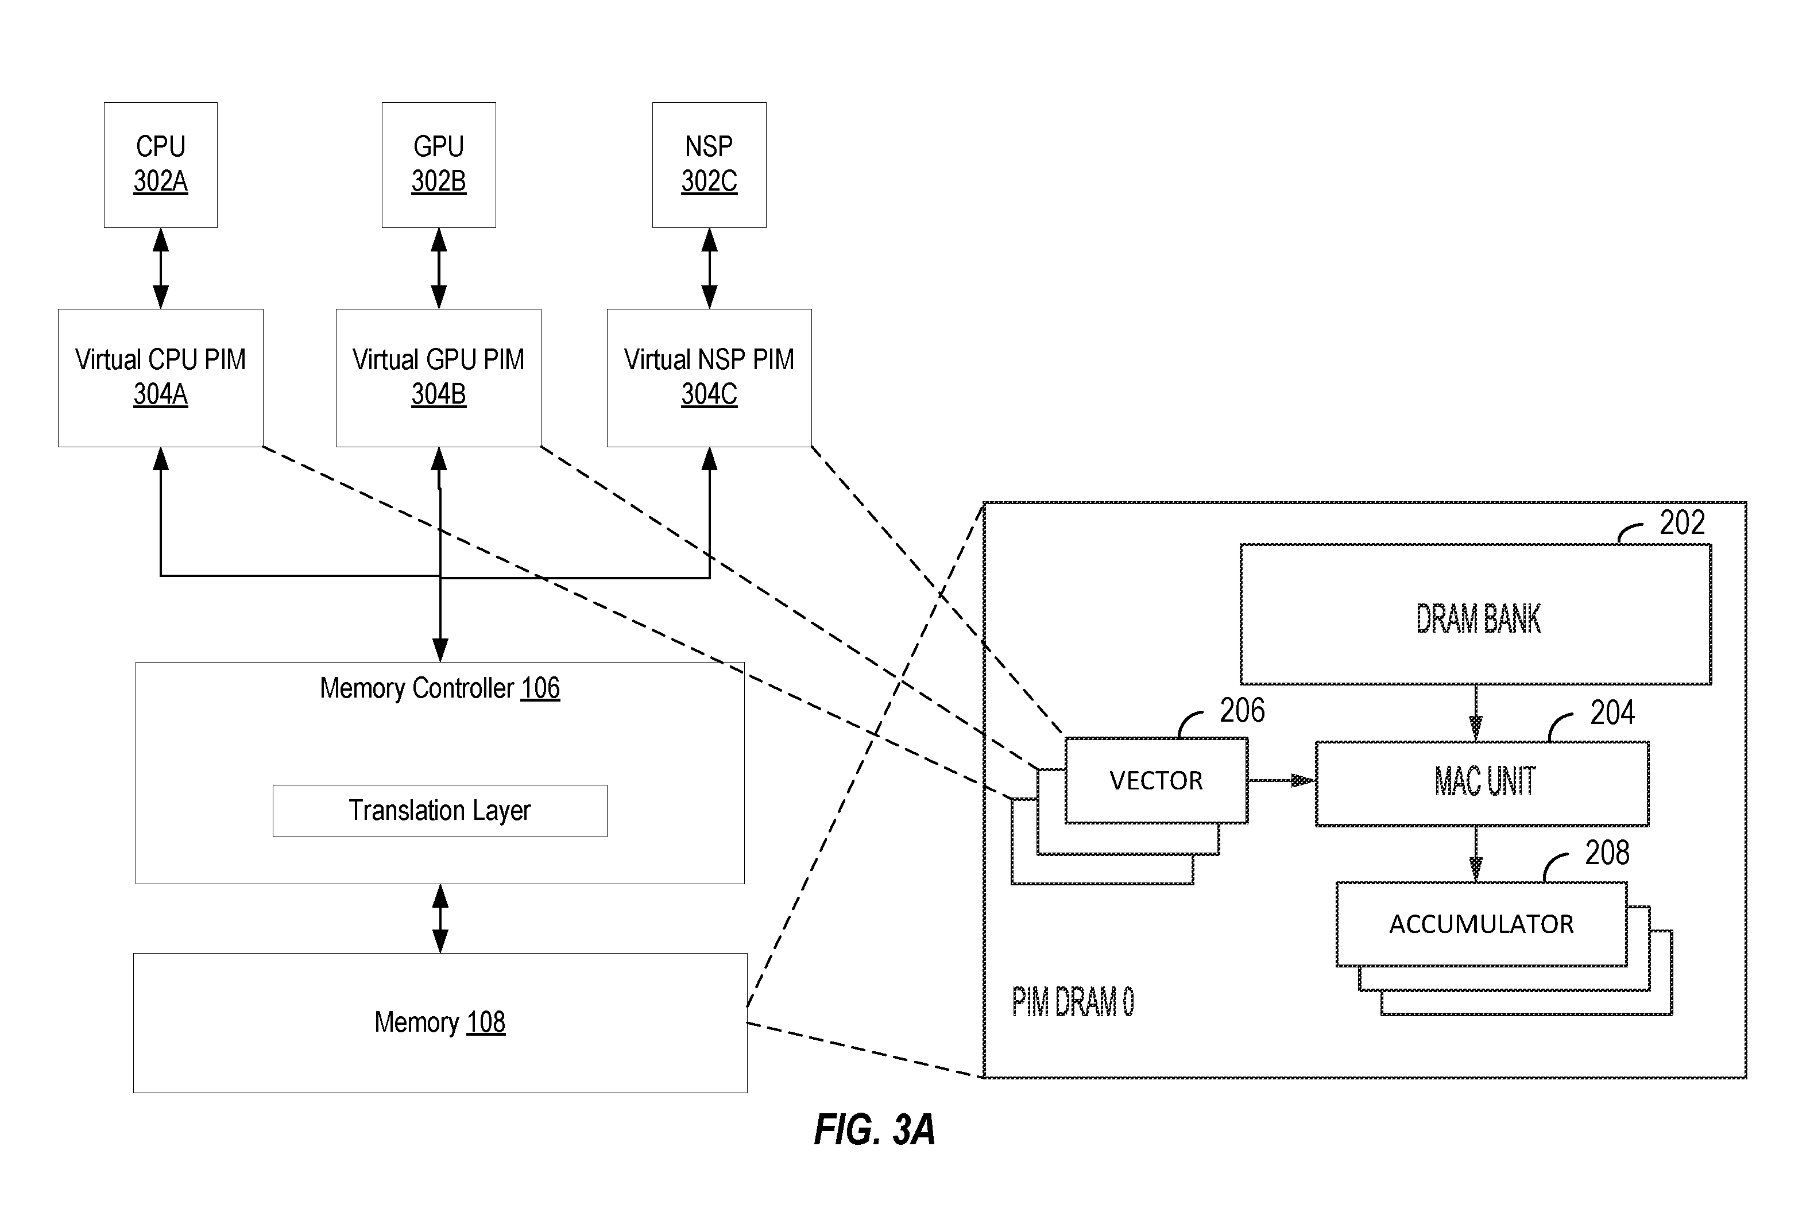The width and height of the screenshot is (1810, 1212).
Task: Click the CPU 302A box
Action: [x=161, y=165]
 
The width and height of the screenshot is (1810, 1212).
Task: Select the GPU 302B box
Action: [x=438, y=165]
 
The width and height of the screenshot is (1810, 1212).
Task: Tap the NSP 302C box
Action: [x=709, y=165]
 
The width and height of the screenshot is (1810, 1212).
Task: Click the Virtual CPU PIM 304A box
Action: [x=161, y=378]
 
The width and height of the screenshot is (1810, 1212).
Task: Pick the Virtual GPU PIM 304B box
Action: [x=438, y=378]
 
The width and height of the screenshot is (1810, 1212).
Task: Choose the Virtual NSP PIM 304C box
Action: [x=709, y=378]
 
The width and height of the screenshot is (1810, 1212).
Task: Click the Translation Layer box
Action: [x=440, y=811]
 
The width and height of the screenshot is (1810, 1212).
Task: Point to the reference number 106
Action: [x=540, y=688]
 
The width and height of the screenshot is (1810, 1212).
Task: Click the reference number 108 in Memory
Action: [x=486, y=1022]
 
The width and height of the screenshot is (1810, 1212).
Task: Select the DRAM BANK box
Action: [x=1475, y=614]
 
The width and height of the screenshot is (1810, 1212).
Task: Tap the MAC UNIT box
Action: [x=1482, y=784]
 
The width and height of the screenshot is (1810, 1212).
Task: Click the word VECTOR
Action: [x=1156, y=781]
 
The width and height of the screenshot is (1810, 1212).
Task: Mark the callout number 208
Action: [x=1607, y=853]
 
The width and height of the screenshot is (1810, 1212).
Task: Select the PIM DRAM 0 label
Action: [x=1073, y=1002]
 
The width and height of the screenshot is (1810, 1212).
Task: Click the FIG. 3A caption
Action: [x=875, y=1129]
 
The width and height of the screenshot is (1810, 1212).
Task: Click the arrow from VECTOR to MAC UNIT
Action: [x=1281, y=781]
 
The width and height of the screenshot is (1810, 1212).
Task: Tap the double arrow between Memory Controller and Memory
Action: [x=440, y=918]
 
